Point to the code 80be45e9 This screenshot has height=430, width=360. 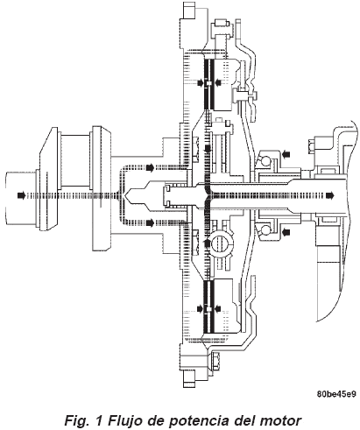tap(336, 394)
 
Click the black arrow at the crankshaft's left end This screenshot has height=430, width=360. tap(21, 195)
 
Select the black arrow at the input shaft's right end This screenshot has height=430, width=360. tap(330, 195)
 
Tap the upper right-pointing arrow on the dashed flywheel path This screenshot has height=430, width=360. tap(150, 167)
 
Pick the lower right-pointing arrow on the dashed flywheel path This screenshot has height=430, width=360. tap(150, 223)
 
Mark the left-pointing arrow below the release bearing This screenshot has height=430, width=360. tap(287, 232)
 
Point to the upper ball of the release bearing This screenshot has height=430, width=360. tap(265, 160)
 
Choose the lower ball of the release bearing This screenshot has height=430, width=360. tap(265, 229)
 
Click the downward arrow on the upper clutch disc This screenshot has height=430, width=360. tap(208, 149)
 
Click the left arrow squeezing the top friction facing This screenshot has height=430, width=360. tap(200, 83)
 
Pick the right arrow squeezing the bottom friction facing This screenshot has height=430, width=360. tap(217, 308)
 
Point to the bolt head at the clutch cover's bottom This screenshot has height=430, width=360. tap(215, 362)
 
